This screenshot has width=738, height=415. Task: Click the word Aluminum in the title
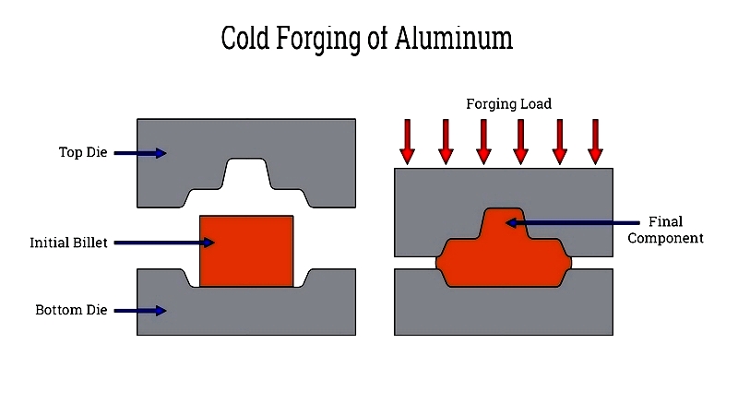click(454, 38)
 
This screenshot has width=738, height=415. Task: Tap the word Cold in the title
click(244, 38)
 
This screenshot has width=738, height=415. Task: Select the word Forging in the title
click(318, 40)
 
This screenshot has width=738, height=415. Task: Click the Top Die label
click(83, 152)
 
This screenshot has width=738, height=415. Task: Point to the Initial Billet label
click(68, 243)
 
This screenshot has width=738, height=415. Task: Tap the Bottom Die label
click(71, 310)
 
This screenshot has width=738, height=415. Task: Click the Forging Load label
click(509, 104)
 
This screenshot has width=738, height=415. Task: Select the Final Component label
click(665, 230)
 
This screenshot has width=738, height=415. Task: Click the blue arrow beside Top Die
click(140, 153)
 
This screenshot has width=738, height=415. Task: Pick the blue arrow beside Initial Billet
click(164, 243)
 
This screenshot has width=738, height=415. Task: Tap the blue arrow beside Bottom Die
click(140, 311)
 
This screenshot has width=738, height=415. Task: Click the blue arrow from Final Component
click(572, 222)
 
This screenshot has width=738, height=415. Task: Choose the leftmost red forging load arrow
click(407, 142)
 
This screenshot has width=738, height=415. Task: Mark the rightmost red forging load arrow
click(595, 142)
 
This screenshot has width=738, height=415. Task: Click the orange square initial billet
click(246, 251)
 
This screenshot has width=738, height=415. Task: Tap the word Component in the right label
click(665, 239)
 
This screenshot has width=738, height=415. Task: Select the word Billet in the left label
click(89, 243)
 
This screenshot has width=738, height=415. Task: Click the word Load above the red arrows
click(536, 103)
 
